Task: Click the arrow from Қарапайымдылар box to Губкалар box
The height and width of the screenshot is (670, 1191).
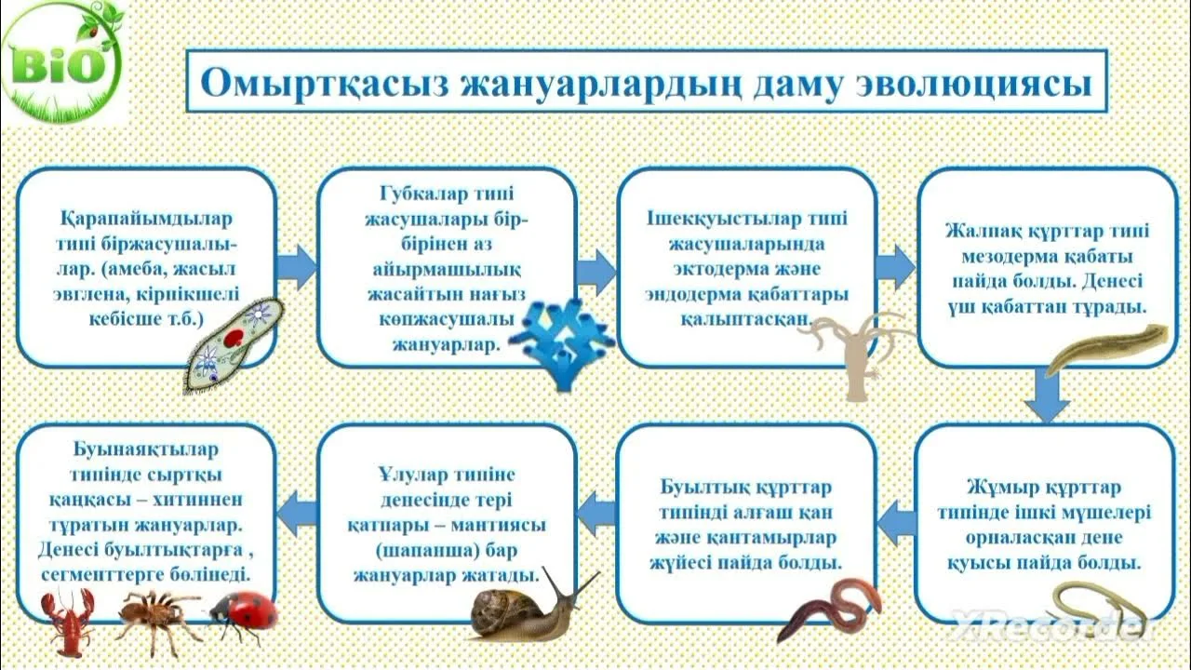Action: coord(297,267)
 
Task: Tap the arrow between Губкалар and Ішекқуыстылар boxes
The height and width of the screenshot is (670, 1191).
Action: coord(596,271)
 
